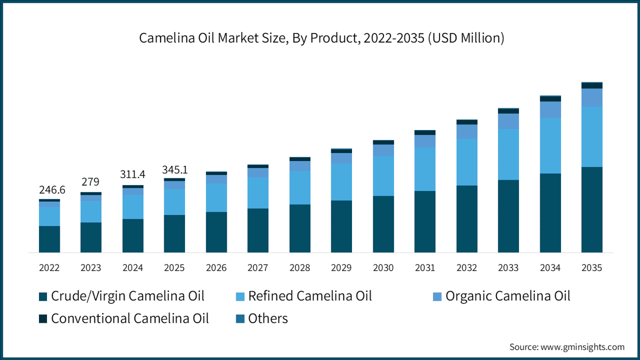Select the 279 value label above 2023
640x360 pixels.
[x=91, y=182]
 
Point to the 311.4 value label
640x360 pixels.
[x=133, y=175]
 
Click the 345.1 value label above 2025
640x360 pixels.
[x=174, y=170]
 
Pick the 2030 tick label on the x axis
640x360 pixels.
[x=383, y=268]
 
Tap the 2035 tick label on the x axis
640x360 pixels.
[x=591, y=268]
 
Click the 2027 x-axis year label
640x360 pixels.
[x=258, y=268]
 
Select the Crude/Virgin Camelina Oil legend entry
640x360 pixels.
[x=122, y=296]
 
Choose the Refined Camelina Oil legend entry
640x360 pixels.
[x=304, y=296]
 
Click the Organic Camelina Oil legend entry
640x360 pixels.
[x=501, y=296]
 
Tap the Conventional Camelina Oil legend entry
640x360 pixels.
[x=124, y=319]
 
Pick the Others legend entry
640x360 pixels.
[x=262, y=319]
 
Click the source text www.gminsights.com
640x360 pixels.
[x=567, y=347]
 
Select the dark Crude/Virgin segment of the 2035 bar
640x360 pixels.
[x=591, y=210]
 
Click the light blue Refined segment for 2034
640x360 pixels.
[x=550, y=146]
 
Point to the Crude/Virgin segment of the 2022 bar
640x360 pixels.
[x=50, y=239]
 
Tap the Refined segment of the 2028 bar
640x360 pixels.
[x=300, y=188]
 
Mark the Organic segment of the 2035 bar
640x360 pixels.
[x=591, y=98]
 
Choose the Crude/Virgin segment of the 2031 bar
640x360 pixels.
[x=425, y=221]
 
